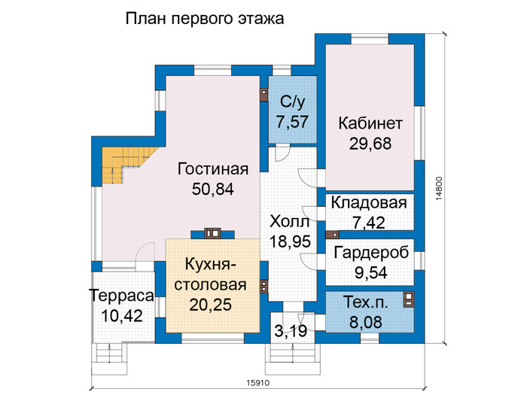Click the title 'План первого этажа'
(205, 19)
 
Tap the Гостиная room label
(213, 169)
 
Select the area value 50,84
(213, 190)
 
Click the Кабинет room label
(370, 123)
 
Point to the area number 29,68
(370, 144)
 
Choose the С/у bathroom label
(292, 102)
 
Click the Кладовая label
(369, 203)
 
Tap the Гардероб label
(371, 253)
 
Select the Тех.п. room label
(366, 302)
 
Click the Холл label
(290, 222)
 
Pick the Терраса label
(122, 296)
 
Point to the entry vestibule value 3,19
(291, 331)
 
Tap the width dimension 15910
(258, 383)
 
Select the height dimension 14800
(439, 189)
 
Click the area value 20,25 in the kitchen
(210, 305)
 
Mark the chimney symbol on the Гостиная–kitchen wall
(213, 232)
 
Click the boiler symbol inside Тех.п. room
(408, 299)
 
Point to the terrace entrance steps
(109, 359)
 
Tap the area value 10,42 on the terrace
(122, 316)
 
